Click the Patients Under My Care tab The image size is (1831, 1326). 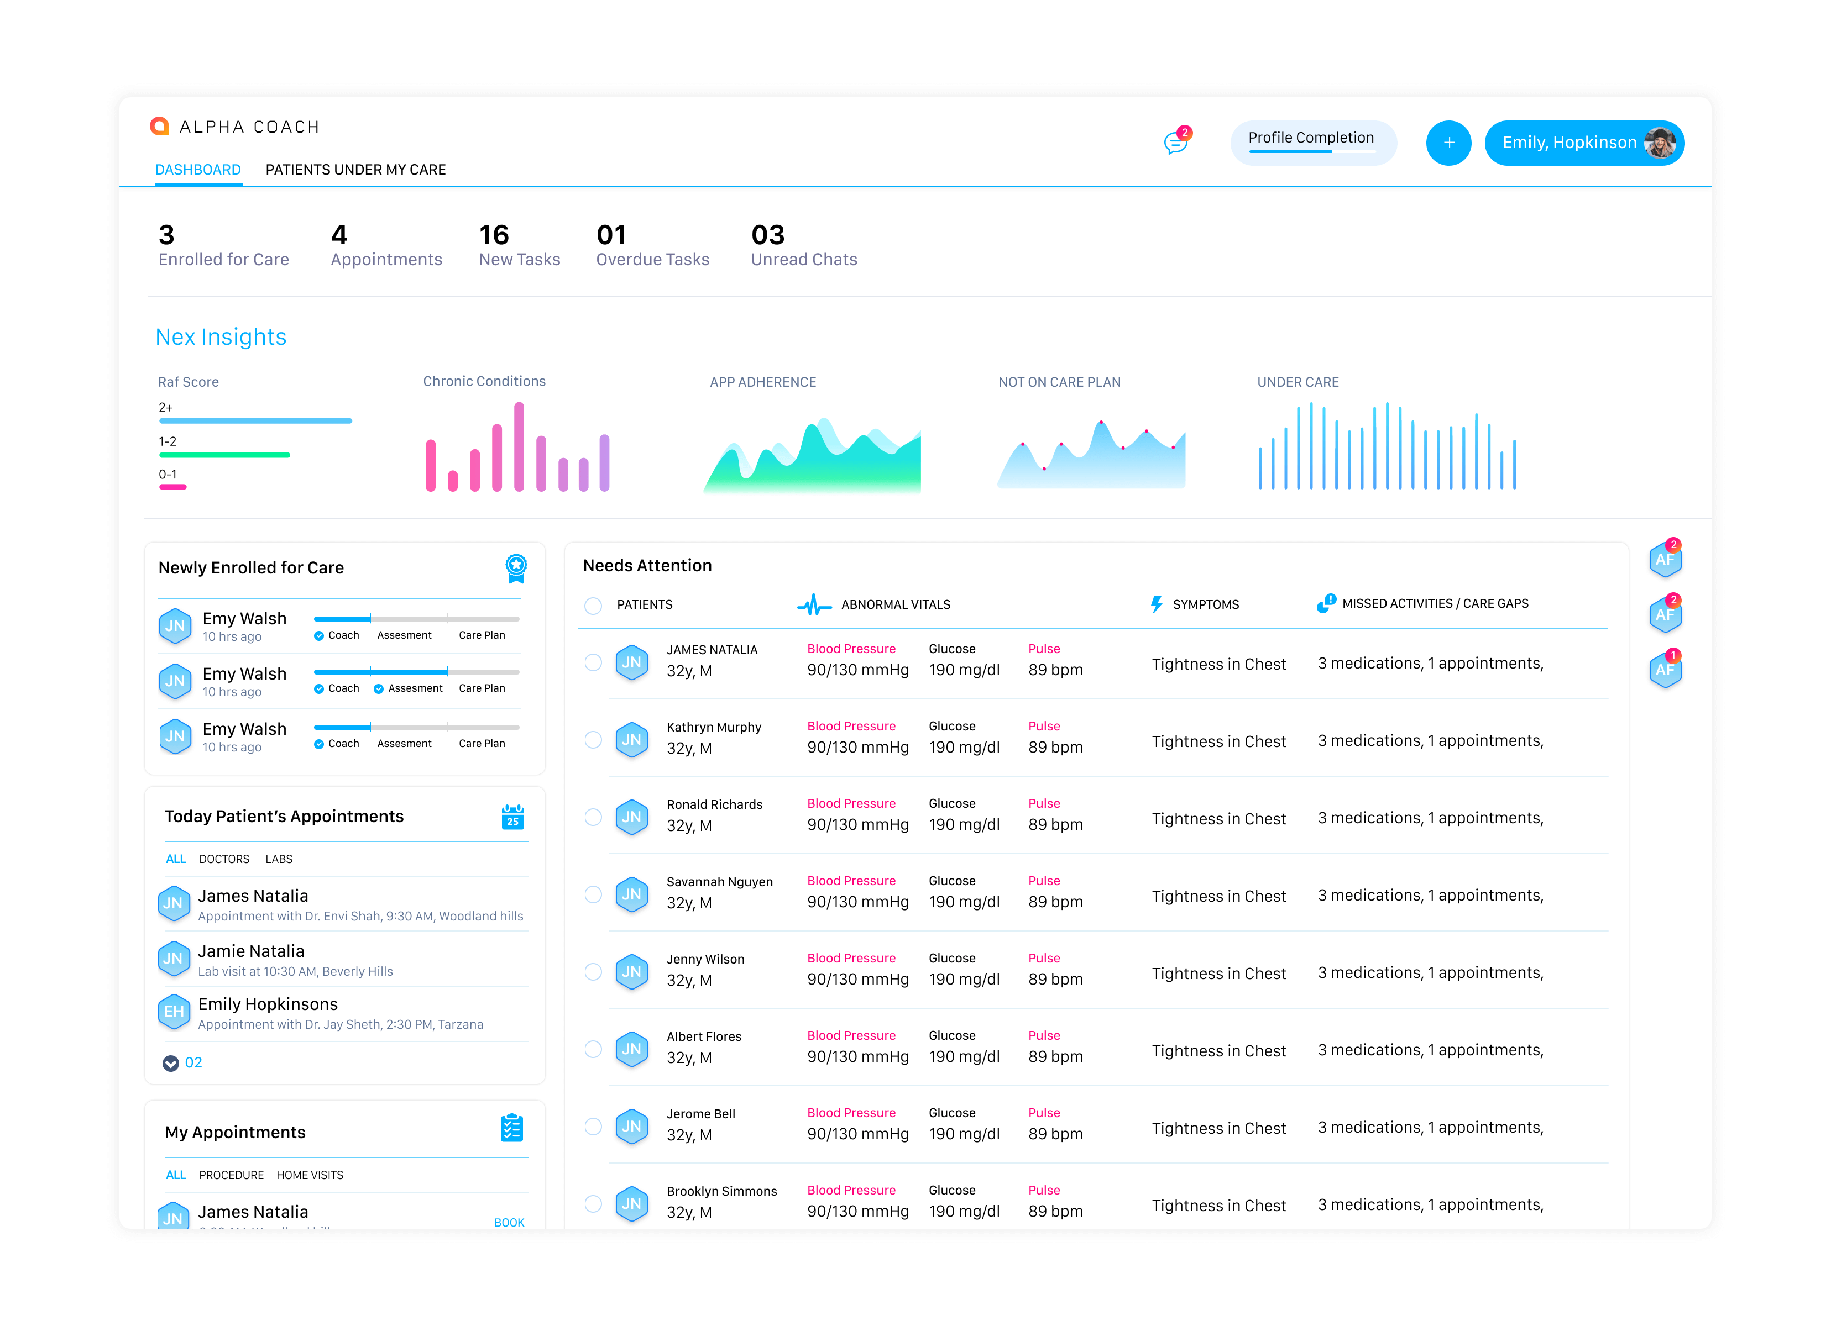click(355, 170)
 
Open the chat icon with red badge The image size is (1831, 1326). click(1177, 141)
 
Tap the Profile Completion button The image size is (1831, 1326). click(1312, 142)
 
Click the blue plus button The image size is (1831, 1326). click(1448, 143)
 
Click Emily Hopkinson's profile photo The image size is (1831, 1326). click(1659, 143)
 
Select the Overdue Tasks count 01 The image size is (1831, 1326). click(611, 235)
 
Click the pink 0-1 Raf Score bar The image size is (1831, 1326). click(173, 487)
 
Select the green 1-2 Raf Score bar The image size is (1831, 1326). click(224, 455)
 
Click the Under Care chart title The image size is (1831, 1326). click(1298, 382)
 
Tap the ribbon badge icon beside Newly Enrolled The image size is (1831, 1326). click(516, 568)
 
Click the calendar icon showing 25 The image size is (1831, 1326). click(512, 817)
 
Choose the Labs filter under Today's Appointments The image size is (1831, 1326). click(279, 859)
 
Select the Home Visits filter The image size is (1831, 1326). click(310, 1175)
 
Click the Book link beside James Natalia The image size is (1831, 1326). click(509, 1222)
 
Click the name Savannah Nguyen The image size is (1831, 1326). click(719, 881)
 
